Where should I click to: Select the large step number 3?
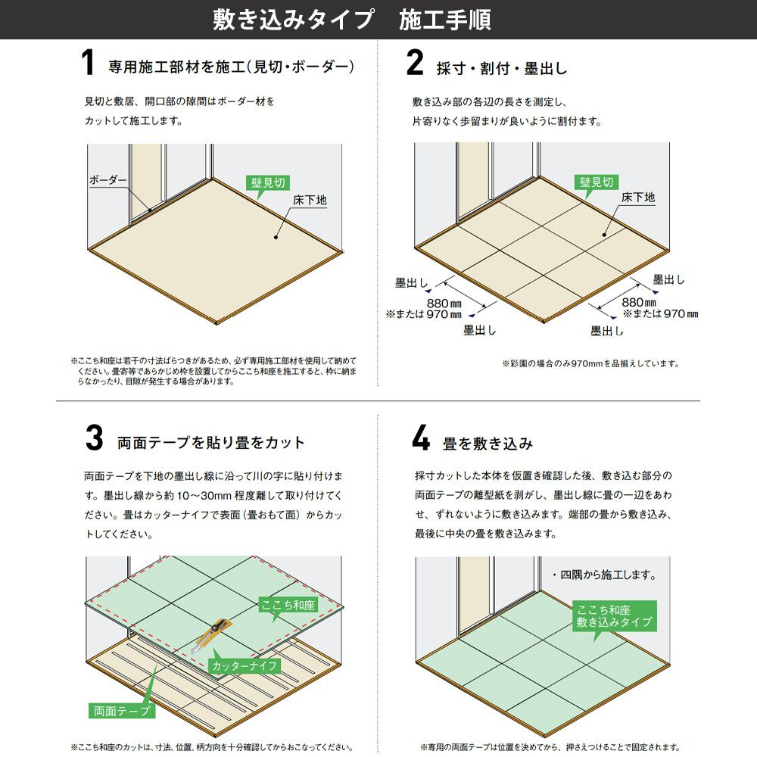click(x=94, y=438)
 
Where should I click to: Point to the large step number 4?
click(x=421, y=438)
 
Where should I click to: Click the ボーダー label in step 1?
click(x=107, y=179)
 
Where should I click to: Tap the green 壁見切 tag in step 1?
click(x=268, y=182)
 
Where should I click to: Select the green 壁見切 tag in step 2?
click(x=597, y=182)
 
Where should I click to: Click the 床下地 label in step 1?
click(x=310, y=200)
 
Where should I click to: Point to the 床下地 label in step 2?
click(x=637, y=197)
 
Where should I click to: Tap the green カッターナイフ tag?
click(x=245, y=665)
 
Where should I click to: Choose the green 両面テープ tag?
click(x=122, y=711)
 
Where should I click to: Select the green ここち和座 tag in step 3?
click(x=288, y=605)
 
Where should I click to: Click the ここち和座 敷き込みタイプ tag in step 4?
click(x=615, y=616)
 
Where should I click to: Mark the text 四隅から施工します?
click(x=604, y=575)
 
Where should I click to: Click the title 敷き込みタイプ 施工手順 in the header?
click(x=352, y=20)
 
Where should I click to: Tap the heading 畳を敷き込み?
click(x=488, y=443)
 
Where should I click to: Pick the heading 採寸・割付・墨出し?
click(x=502, y=68)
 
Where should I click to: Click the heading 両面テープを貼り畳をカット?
click(x=211, y=442)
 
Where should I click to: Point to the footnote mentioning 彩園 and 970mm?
click(x=590, y=363)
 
